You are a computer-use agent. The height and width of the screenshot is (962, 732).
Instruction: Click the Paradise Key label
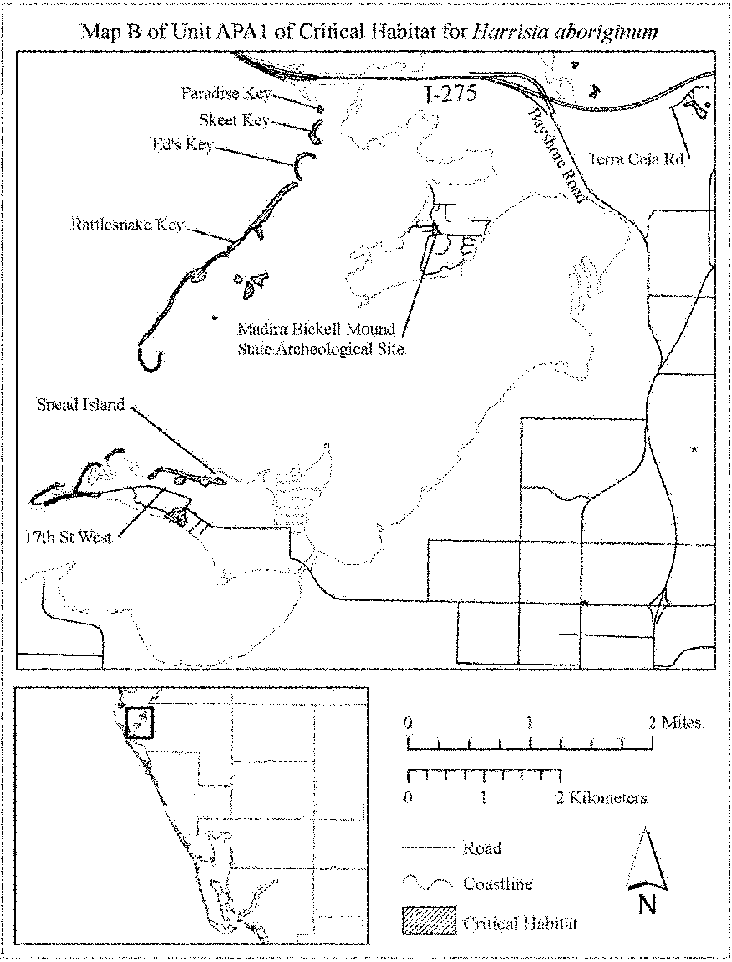pos(226,93)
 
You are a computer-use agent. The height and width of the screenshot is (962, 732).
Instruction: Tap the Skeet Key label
pos(234,120)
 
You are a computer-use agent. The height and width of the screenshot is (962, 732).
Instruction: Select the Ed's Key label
pos(182,144)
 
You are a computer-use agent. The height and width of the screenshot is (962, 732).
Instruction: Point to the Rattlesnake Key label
pos(128,225)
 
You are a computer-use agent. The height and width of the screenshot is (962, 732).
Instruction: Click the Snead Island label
pos(81,404)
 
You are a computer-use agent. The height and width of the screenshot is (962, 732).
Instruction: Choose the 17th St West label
pos(69,537)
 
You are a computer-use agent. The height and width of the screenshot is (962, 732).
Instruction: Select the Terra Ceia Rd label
pos(636,159)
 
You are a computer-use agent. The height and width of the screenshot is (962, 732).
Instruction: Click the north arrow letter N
pos(647,906)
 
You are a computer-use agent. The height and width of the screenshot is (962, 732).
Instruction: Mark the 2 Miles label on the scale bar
pos(674,722)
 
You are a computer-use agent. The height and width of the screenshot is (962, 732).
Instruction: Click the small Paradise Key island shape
pos(320,109)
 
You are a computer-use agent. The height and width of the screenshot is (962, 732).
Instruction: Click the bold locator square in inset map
pos(139,722)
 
